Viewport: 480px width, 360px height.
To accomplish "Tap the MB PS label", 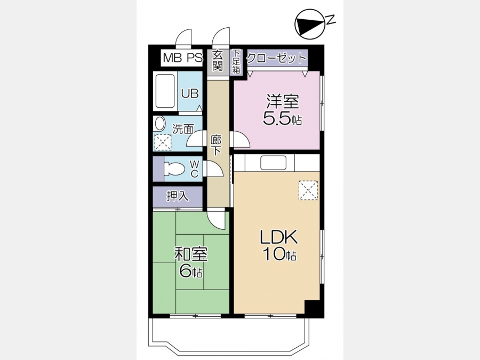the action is [183, 58].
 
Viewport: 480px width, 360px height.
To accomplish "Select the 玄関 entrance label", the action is [218, 61].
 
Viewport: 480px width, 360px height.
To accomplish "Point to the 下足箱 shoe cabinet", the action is [236, 61].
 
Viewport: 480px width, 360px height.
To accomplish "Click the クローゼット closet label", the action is [277, 58].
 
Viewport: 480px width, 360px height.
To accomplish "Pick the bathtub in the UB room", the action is [165, 91].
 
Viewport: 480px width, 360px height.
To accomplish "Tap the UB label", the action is [190, 93].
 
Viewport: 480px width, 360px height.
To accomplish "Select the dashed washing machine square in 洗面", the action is [163, 142].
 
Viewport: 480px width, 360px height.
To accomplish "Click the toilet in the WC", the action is [174, 169].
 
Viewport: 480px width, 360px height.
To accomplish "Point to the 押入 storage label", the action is [178, 196].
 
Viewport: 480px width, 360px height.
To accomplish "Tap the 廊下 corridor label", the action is [216, 145].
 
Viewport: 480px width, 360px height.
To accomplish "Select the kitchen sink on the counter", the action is [274, 163].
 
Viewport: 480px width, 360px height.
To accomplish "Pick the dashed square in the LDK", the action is [308, 190].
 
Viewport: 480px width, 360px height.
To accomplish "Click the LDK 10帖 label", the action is [278, 245].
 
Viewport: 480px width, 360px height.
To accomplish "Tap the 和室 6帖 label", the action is [191, 262].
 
